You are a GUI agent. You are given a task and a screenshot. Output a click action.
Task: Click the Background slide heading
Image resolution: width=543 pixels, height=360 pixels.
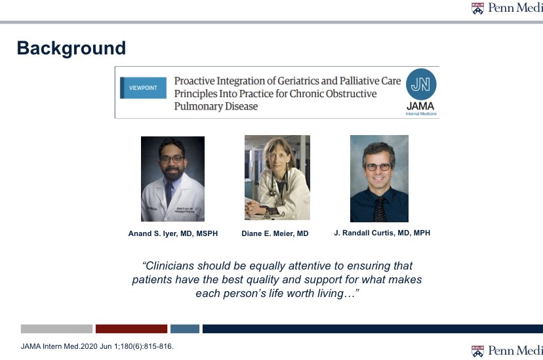point(71,48)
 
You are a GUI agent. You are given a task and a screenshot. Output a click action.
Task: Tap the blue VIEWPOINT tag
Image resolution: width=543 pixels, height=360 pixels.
point(142,88)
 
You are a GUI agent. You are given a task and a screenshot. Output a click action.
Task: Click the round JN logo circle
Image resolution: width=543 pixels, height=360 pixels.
point(420,84)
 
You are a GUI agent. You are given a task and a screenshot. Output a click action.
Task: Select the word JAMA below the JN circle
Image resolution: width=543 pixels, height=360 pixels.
point(420,105)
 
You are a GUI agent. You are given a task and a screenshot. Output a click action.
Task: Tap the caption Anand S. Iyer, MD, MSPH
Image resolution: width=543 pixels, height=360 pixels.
point(173,233)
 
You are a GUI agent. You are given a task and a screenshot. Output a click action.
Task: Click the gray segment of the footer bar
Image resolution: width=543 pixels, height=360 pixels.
point(56,329)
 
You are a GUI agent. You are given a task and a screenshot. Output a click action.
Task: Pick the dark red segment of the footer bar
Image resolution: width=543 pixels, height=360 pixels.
point(131,329)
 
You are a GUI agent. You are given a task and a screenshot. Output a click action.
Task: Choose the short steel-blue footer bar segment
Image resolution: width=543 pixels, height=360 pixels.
point(185,329)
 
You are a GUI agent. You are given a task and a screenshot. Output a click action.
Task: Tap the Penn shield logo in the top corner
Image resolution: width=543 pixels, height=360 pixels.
point(477,9)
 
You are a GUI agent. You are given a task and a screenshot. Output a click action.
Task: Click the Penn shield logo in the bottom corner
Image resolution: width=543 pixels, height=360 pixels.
point(477,350)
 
